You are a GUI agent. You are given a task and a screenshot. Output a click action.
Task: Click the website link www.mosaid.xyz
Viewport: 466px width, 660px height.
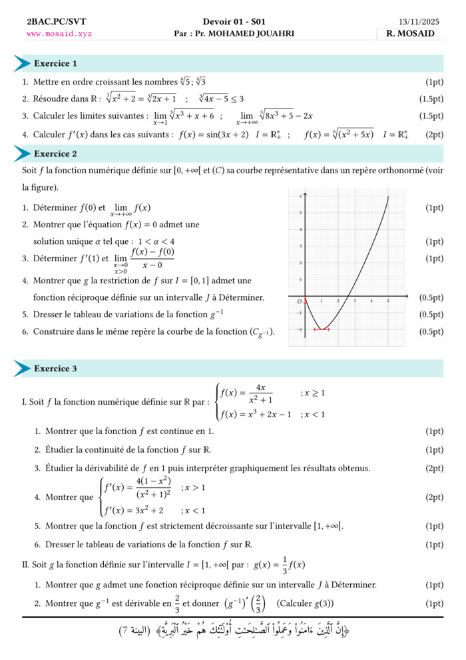pos(59,33)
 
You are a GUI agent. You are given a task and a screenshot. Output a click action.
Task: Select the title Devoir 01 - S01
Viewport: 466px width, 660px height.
pos(233,22)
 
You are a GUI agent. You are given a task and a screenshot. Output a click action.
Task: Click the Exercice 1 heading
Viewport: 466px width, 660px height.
pos(55,64)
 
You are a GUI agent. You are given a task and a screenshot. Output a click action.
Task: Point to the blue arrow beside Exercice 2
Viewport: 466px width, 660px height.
pos(22,154)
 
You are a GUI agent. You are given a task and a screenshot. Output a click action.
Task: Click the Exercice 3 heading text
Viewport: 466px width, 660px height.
pos(55,369)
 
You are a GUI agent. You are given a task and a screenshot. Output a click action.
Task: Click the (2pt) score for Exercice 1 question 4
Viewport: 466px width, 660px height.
pos(434,135)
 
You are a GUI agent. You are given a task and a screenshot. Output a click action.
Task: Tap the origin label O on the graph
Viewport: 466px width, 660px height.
pos(300,301)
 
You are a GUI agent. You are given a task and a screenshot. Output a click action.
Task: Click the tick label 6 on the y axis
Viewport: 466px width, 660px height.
pos(300,197)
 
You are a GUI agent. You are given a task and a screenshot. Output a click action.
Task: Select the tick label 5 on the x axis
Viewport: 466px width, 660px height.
pos(388,302)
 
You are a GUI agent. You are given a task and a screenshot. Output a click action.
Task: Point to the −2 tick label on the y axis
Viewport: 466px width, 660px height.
pos(299,329)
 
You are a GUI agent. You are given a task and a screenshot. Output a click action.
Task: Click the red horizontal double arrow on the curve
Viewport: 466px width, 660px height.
pos(322,329)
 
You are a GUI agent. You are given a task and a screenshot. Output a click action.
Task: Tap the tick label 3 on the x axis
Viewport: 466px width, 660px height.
pos(355,302)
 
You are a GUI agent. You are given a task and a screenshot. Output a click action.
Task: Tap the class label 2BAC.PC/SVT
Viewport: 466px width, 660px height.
pos(47,22)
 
